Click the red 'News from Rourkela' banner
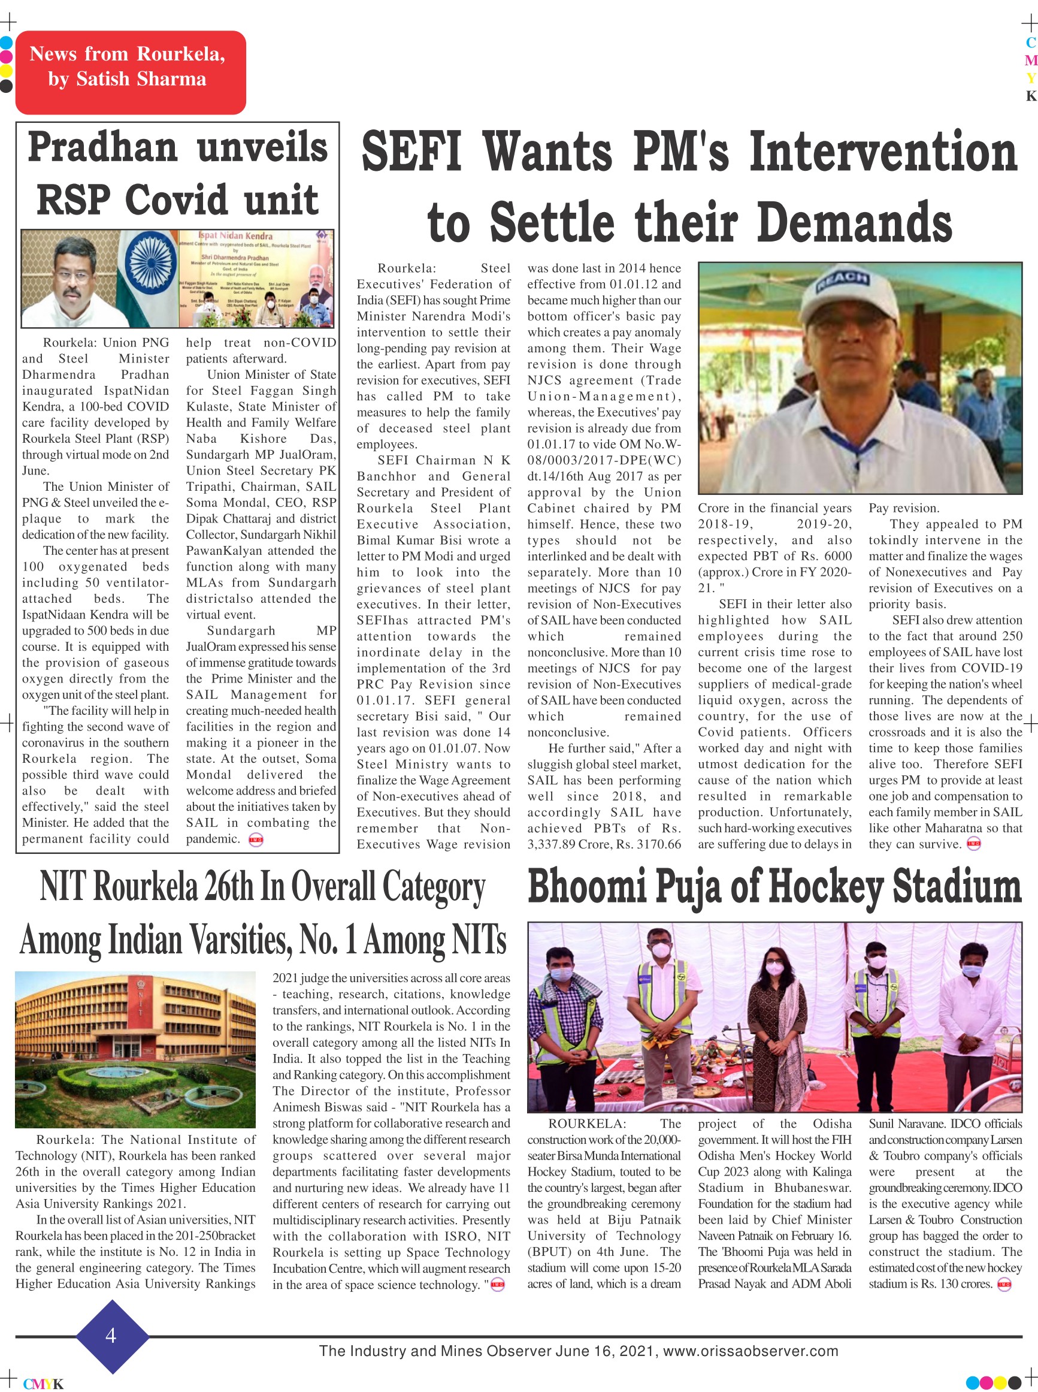point(130,72)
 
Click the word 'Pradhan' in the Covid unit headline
point(102,147)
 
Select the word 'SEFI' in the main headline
point(412,152)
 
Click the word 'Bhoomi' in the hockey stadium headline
point(587,887)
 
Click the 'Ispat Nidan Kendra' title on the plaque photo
point(235,236)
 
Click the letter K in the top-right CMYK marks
point(1030,96)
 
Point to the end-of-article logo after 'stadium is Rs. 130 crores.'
point(1004,1285)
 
